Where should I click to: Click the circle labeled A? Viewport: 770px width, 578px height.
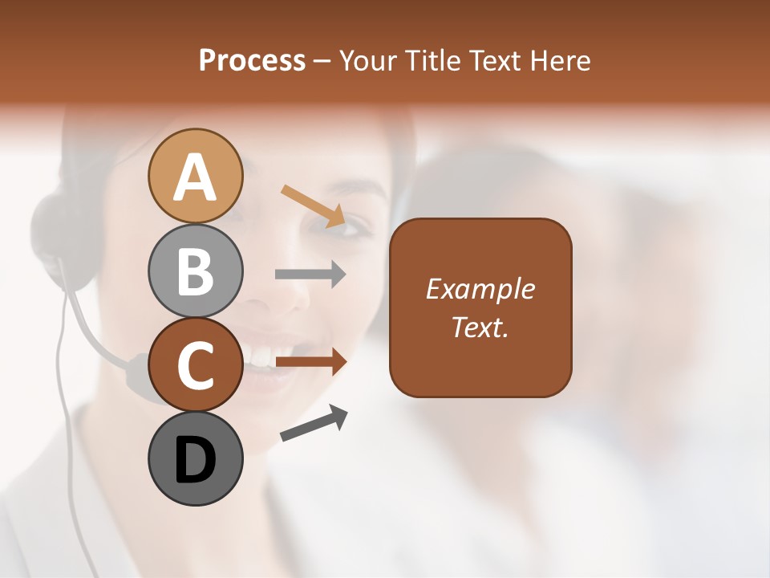pyautogui.click(x=196, y=176)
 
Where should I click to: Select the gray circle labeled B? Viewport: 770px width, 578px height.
pyautogui.click(x=196, y=271)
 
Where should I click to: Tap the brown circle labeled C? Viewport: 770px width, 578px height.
pyautogui.click(x=196, y=364)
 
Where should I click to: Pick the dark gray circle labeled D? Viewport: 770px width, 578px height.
pyautogui.click(x=196, y=458)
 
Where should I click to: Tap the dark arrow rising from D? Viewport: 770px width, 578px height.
pyautogui.click(x=314, y=423)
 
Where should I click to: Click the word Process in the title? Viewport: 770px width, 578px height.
pyautogui.click(x=252, y=61)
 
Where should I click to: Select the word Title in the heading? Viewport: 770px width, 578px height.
pyautogui.click(x=429, y=61)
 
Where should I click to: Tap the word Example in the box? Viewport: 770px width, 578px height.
pyautogui.click(x=480, y=289)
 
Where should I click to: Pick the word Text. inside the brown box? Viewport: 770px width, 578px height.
pyautogui.click(x=480, y=327)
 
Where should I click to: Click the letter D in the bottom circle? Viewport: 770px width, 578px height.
pyautogui.click(x=196, y=460)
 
